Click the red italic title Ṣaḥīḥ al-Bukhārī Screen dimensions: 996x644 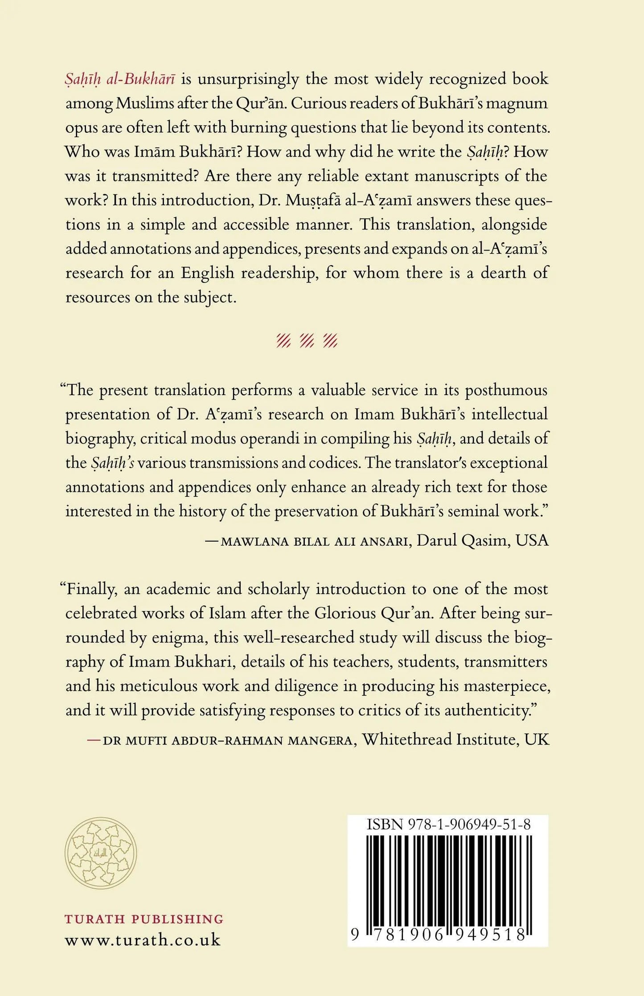tap(120, 79)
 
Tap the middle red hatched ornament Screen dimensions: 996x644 tap(307, 341)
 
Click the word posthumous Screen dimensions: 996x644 tap(506, 390)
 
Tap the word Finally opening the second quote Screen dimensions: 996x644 tap(91, 589)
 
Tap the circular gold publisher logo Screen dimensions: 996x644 tap(101, 853)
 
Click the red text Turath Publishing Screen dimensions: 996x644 tap(144, 919)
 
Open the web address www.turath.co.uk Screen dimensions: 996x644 tap(143, 940)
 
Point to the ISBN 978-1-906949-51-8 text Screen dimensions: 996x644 tap(448, 825)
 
